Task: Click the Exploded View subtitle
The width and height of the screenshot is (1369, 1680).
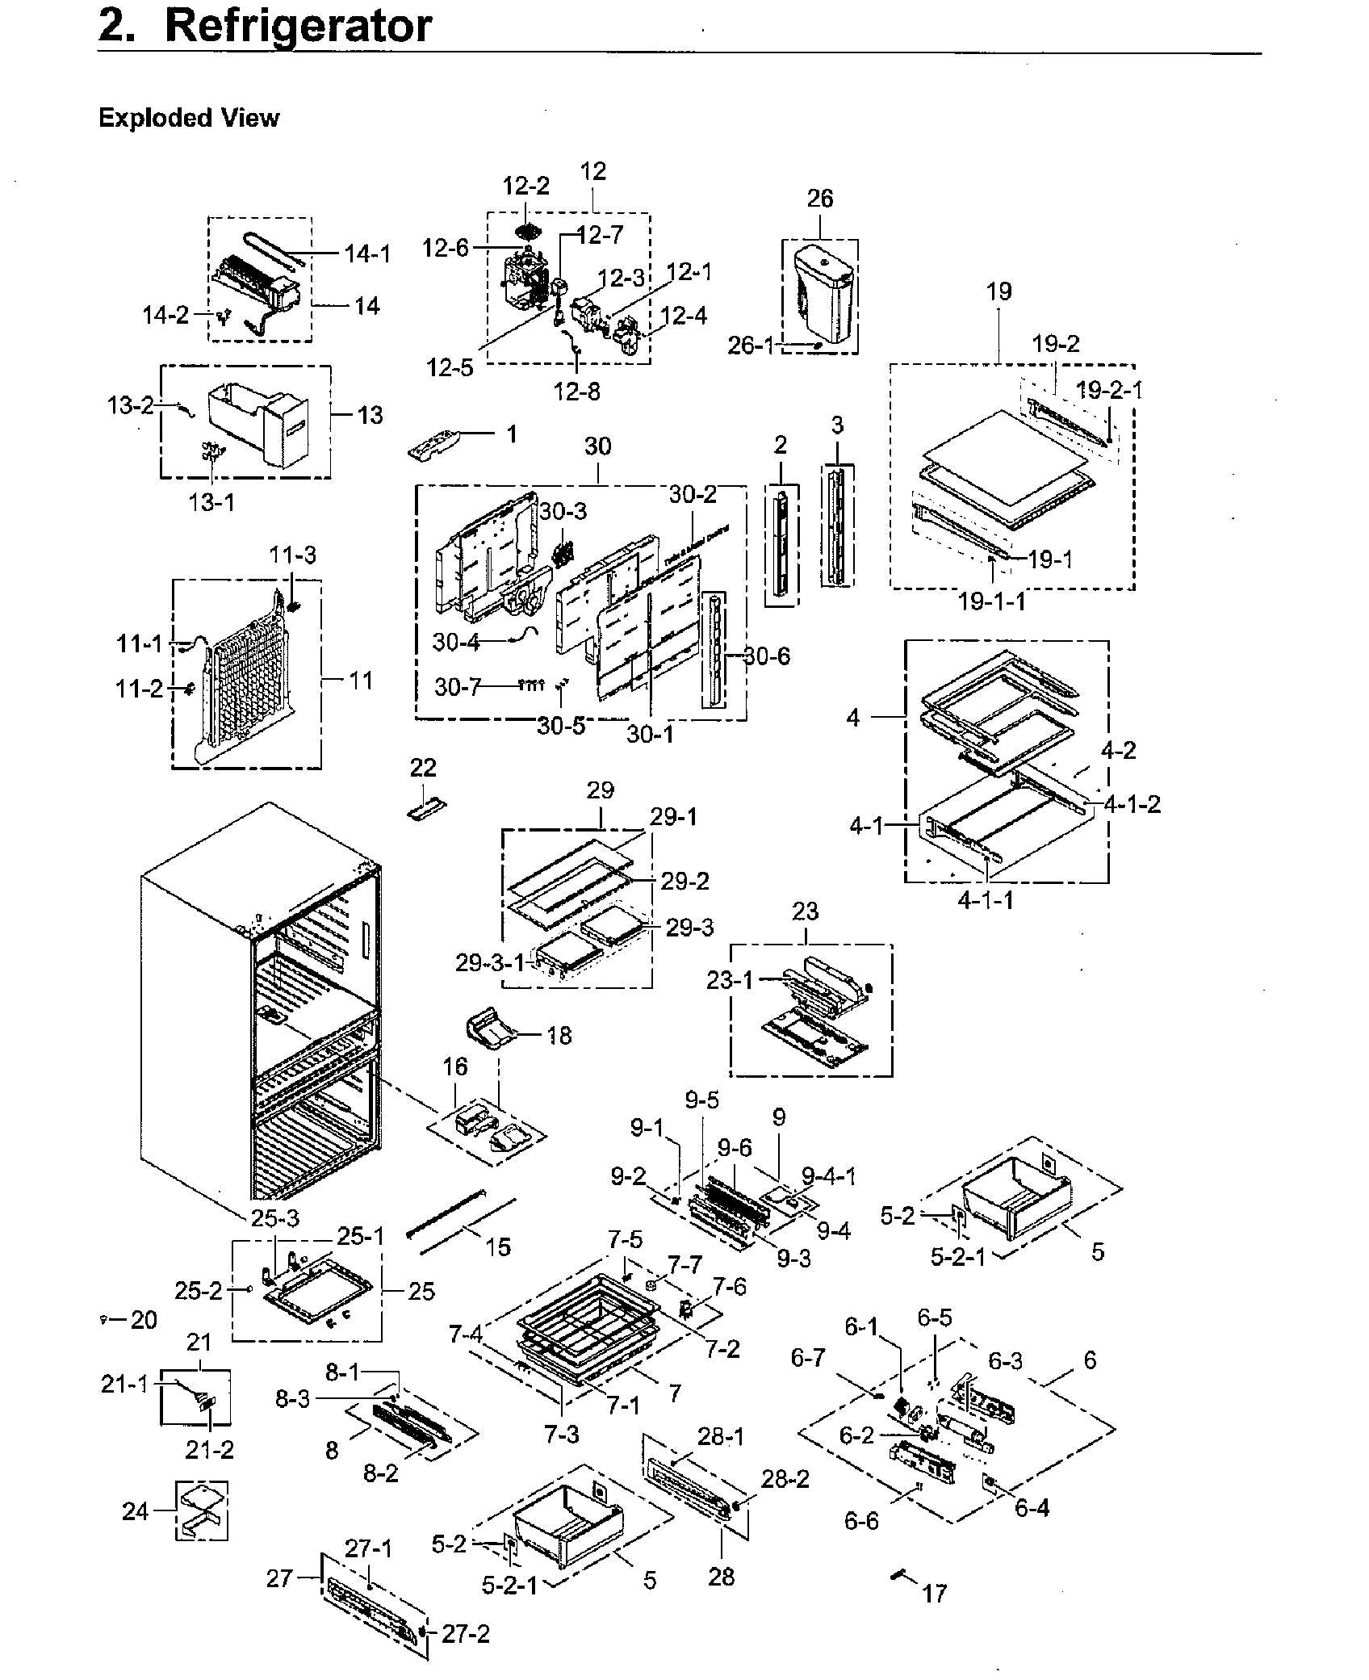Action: point(189,118)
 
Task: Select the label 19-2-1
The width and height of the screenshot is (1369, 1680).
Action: point(1109,390)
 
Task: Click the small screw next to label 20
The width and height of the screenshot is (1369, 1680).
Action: point(103,1319)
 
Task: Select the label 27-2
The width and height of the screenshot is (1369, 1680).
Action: point(466,1634)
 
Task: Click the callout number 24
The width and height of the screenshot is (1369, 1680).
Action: point(135,1510)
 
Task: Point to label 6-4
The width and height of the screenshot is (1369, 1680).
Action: point(1032,1506)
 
